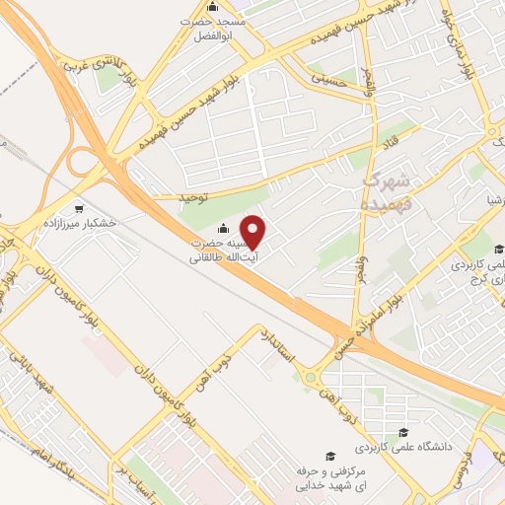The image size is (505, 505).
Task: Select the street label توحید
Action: click(195, 198)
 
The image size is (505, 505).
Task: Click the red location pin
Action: click(253, 231)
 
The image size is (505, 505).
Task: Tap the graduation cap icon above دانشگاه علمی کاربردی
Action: click(402, 432)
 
